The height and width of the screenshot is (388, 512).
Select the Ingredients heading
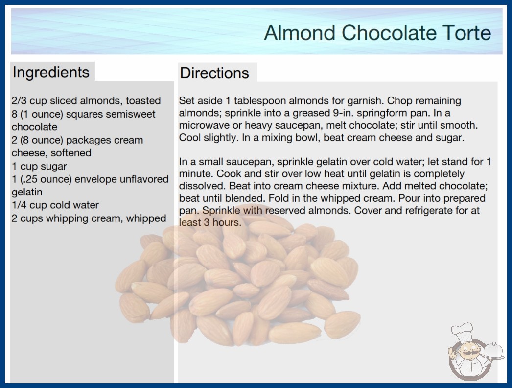pos(51,73)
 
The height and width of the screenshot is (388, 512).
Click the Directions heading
pos(214,73)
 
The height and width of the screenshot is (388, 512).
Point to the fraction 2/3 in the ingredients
pos(19,101)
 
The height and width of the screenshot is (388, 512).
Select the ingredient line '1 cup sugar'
pos(39,167)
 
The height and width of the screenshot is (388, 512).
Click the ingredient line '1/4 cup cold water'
pos(55,205)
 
